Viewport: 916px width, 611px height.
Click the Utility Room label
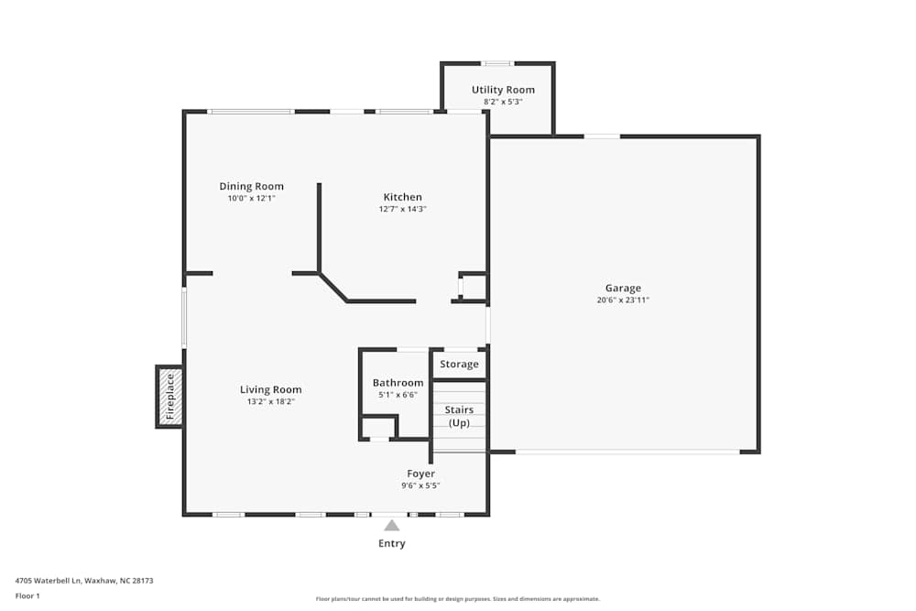(503, 90)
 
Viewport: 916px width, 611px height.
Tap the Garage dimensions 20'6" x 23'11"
(623, 300)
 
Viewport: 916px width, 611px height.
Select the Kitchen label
(402, 197)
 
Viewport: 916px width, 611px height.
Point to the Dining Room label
(251, 186)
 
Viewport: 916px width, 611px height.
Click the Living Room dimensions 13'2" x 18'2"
(270, 401)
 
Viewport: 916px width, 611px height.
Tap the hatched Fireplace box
(169, 397)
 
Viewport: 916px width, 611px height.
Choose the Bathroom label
(398, 383)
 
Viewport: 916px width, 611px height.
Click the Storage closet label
(459, 364)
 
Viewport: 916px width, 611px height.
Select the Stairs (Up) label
(459, 416)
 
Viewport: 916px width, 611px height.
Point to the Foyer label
(420, 474)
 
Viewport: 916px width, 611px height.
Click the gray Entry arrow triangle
(391, 526)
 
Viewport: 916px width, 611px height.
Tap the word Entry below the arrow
(391, 543)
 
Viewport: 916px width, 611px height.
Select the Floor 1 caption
(27, 595)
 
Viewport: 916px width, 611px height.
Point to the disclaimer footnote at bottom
(458, 599)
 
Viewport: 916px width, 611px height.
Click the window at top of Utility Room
(497, 63)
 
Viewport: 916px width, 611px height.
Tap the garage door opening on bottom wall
(627, 452)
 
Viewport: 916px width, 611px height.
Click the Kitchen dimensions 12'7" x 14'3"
(402, 209)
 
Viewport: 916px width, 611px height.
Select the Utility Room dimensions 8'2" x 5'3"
(503, 102)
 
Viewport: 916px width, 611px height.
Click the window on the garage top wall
(602, 136)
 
